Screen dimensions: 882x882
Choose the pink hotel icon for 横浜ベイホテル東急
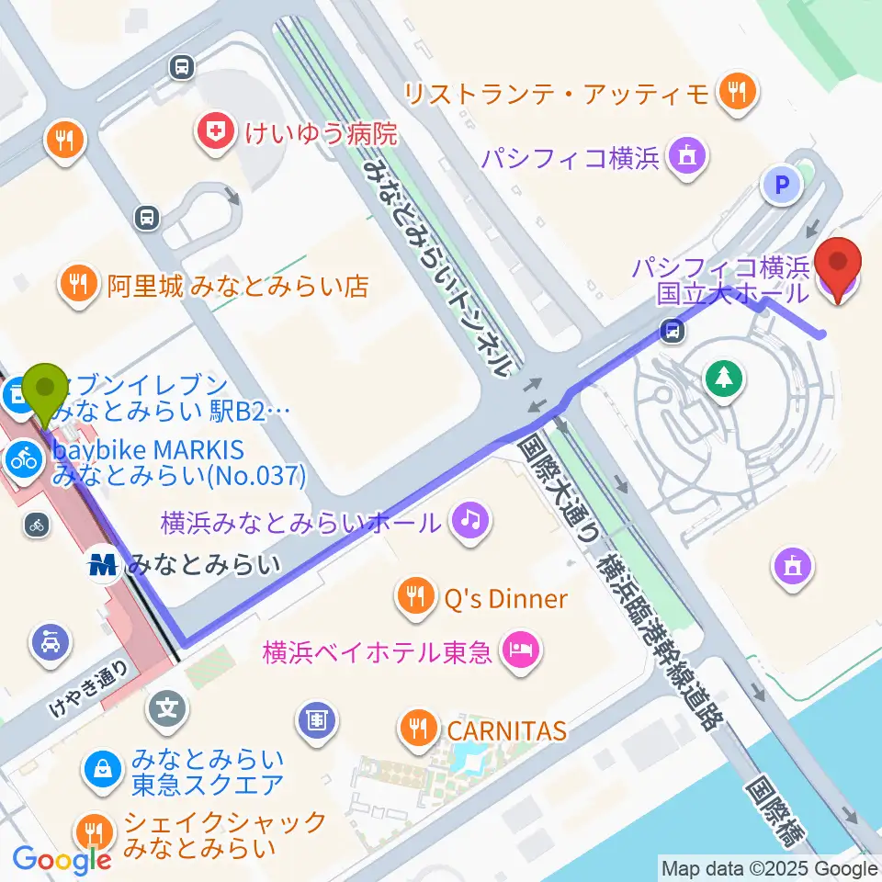520,652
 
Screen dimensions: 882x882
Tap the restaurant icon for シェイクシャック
93,832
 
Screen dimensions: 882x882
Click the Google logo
62,859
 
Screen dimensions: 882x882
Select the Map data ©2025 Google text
770,868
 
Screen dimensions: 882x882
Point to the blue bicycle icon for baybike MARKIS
25,459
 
